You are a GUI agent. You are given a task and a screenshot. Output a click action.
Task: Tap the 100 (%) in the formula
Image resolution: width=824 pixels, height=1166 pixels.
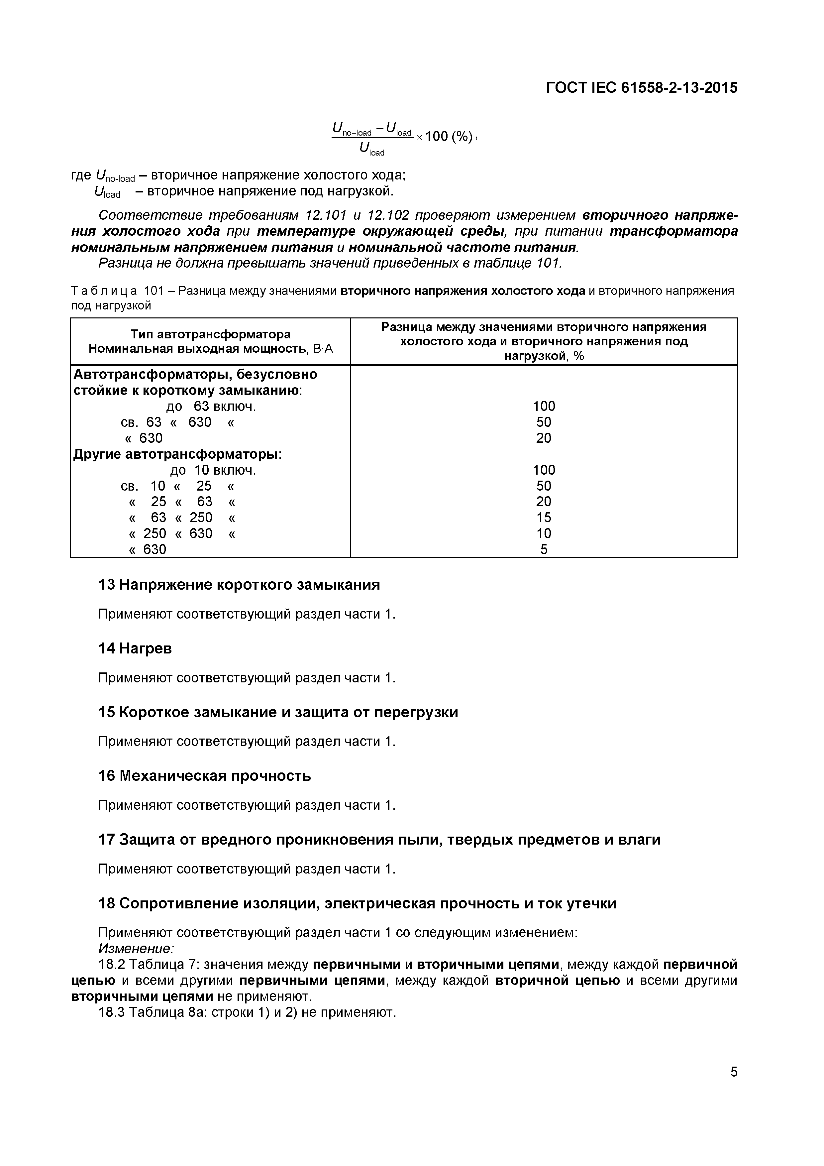tap(449, 136)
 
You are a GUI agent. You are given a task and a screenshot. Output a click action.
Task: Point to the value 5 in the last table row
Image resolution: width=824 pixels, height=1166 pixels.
tap(544, 549)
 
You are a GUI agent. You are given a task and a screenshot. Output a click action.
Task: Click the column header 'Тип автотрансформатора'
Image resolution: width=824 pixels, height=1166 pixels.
tap(210, 334)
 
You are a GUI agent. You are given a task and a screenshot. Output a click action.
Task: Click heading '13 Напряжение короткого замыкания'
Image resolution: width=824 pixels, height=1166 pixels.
tap(239, 585)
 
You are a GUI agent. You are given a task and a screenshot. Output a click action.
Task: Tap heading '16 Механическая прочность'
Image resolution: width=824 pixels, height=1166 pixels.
tap(204, 776)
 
